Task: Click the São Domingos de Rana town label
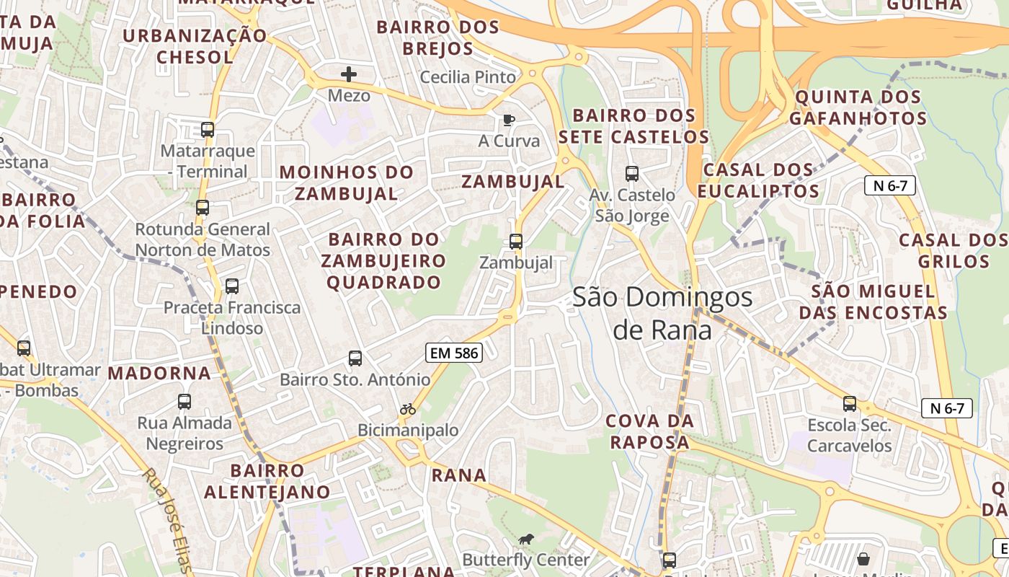(662, 313)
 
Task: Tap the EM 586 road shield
(453, 353)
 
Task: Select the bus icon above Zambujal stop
(516, 242)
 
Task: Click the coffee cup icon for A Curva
(509, 120)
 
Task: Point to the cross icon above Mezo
(349, 74)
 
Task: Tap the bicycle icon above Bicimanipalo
(408, 409)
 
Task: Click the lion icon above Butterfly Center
(526, 539)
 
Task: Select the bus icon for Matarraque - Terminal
(208, 130)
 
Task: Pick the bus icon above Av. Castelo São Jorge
(632, 174)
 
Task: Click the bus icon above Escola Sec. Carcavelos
(850, 404)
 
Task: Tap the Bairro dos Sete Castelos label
(634, 126)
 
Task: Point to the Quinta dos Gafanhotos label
(858, 107)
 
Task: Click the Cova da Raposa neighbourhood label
(649, 431)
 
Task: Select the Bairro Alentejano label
(267, 482)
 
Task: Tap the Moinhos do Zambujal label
(347, 183)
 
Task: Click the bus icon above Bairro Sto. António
(355, 358)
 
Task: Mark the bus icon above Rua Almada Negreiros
(185, 402)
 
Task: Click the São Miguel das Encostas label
(874, 302)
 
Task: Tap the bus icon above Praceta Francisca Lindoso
(232, 286)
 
